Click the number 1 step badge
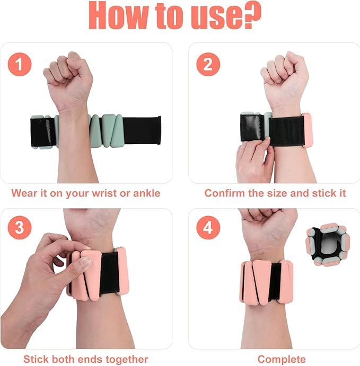[x=20, y=65]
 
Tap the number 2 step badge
[x=208, y=65]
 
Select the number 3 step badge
[x=20, y=229]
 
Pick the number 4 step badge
[x=208, y=229]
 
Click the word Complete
[x=282, y=360]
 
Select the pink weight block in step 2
[x=306, y=130]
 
